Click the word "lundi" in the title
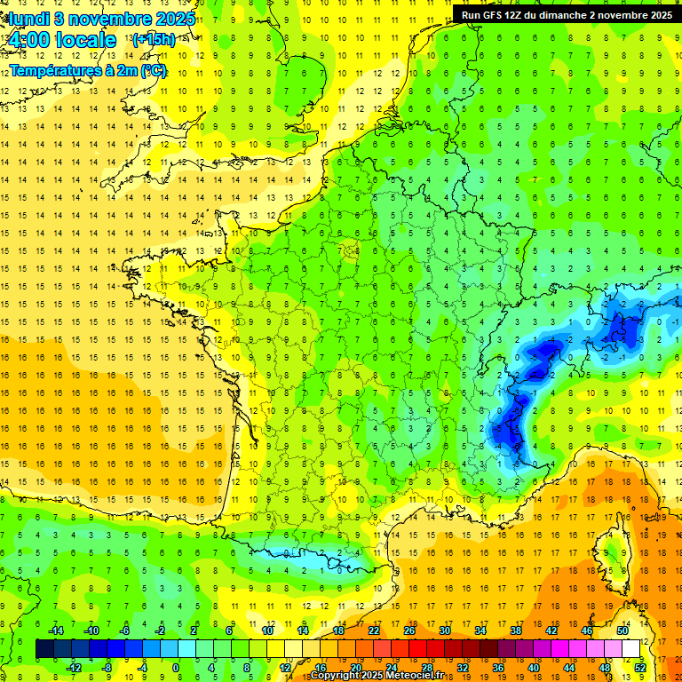coord(27,19)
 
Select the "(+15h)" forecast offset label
coord(153,40)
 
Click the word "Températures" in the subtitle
coord(53,70)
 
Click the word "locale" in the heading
coord(85,40)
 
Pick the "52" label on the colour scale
coord(640,667)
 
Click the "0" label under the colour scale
coord(176,667)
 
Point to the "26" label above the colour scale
coord(409,630)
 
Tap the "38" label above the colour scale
coord(516,630)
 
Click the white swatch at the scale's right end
coord(631,649)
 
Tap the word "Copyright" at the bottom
coord(337,676)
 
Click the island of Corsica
coord(611,551)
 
